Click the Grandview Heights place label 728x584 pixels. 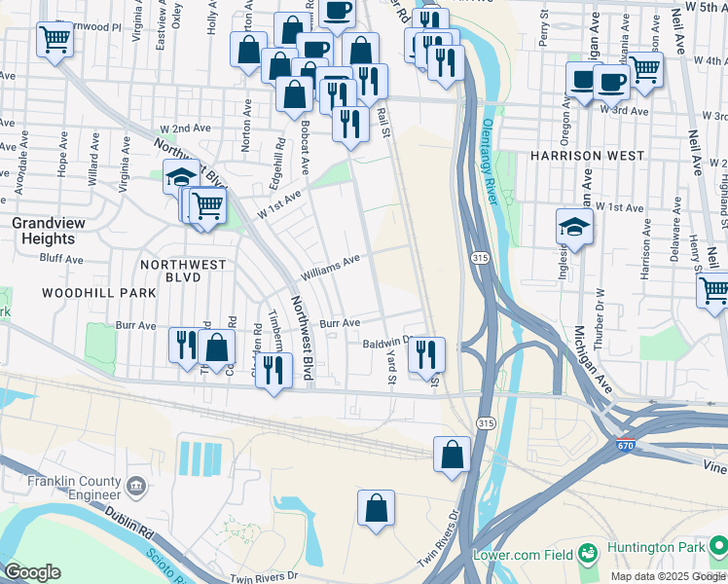(x=43, y=231)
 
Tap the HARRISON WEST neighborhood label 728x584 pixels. (x=586, y=156)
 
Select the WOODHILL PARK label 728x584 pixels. (x=86, y=292)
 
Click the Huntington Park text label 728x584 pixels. (x=657, y=547)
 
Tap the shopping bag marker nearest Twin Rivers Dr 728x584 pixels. (x=376, y=508)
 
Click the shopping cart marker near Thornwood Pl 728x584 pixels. (x=55, y=39)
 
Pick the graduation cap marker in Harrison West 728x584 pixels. (x=574, y=228)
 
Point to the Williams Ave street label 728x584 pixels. (x=331, y=268)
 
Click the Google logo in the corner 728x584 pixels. (x=32, y=571)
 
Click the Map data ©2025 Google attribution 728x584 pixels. (x=668, y=576)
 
